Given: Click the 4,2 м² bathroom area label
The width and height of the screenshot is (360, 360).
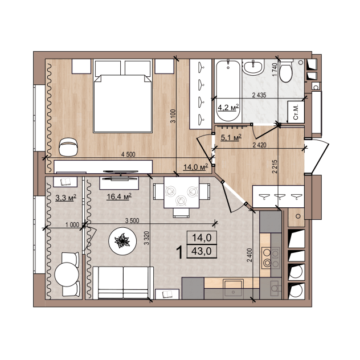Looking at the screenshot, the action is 228,107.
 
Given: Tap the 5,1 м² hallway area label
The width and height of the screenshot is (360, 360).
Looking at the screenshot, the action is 231,137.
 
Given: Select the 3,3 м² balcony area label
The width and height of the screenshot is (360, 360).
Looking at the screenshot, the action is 66,198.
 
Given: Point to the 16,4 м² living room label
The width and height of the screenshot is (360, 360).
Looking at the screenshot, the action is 119,197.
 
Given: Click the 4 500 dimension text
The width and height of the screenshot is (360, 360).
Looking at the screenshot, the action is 128,154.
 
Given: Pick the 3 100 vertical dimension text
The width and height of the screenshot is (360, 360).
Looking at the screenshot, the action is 173,116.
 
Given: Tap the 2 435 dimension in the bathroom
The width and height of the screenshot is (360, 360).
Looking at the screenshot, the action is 259,95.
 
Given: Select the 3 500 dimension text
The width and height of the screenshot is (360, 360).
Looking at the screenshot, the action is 132,220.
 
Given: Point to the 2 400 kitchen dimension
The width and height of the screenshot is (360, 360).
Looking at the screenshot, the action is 249,255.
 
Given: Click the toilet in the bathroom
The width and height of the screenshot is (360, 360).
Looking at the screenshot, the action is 286,71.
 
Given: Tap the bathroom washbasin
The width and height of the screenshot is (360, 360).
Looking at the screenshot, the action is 253,67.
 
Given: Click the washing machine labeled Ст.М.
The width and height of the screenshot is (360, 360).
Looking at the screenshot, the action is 296,112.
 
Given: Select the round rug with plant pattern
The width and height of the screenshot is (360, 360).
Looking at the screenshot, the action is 123,241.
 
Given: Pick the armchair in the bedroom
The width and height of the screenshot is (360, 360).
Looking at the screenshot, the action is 69,147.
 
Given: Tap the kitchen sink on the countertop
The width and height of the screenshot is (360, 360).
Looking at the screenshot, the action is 234,288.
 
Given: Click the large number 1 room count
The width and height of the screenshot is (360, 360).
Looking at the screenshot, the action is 181,252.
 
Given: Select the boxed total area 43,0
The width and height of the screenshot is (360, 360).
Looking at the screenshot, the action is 202,251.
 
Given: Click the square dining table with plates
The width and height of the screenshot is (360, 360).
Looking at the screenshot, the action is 181,193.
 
